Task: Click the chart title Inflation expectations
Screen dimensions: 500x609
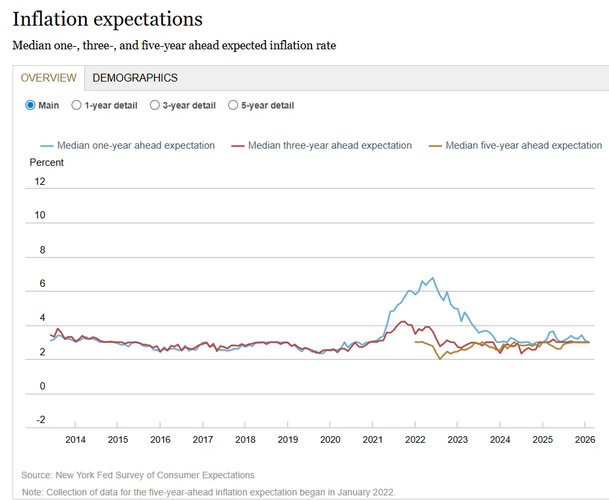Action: pyautogui.click(x=107, y=19)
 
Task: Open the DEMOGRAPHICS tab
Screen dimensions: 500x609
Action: pyautogui.click(x=135, y=78)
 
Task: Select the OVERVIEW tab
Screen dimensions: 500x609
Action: pyautogui.click(x=49, y=78)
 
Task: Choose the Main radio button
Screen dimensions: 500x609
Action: pyautogui.click(x=30, y=105)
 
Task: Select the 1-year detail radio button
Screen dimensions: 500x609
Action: pyautogui.click(x=76, y=105)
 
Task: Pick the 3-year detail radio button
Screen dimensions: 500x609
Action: pyautogui.click(x=155, y=105)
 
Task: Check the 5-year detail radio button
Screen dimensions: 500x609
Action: pyautogui.click(x=233, y=105)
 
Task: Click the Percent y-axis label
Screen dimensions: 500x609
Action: pyautogui.click(x=47, y=162)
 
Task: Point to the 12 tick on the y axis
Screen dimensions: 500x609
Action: pyautogui.click(x=40, y=182)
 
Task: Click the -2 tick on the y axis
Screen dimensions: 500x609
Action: pyautogui.click(x=41, y=420)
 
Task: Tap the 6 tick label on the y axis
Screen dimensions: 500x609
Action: pyautogui.click(x=42, y=284)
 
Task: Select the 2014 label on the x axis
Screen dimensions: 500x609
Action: pyautogui.click(x=75, y=439)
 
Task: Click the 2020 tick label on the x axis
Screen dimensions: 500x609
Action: pyautogui.click(x=330, y=439)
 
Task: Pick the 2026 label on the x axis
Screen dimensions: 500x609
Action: pyautogui.click(x=585, y=439)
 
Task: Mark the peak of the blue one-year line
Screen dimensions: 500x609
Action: pyautogui.click(x=433, y=278)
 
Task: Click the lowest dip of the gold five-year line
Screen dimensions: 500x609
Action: pyautogui.click(x=440, y=359)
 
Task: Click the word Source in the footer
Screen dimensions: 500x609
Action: pyautogui.click(x=36, y=475)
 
